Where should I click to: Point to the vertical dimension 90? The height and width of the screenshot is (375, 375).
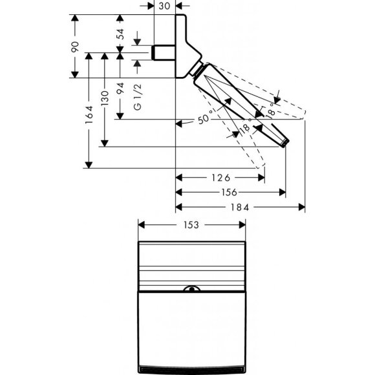(x=75, y=47)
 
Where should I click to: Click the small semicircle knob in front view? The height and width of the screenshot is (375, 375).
(x=192, y=289)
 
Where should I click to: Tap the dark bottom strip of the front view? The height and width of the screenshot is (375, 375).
(x=192, y=366)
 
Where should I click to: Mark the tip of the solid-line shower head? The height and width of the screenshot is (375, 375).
(x=284, y=143)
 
